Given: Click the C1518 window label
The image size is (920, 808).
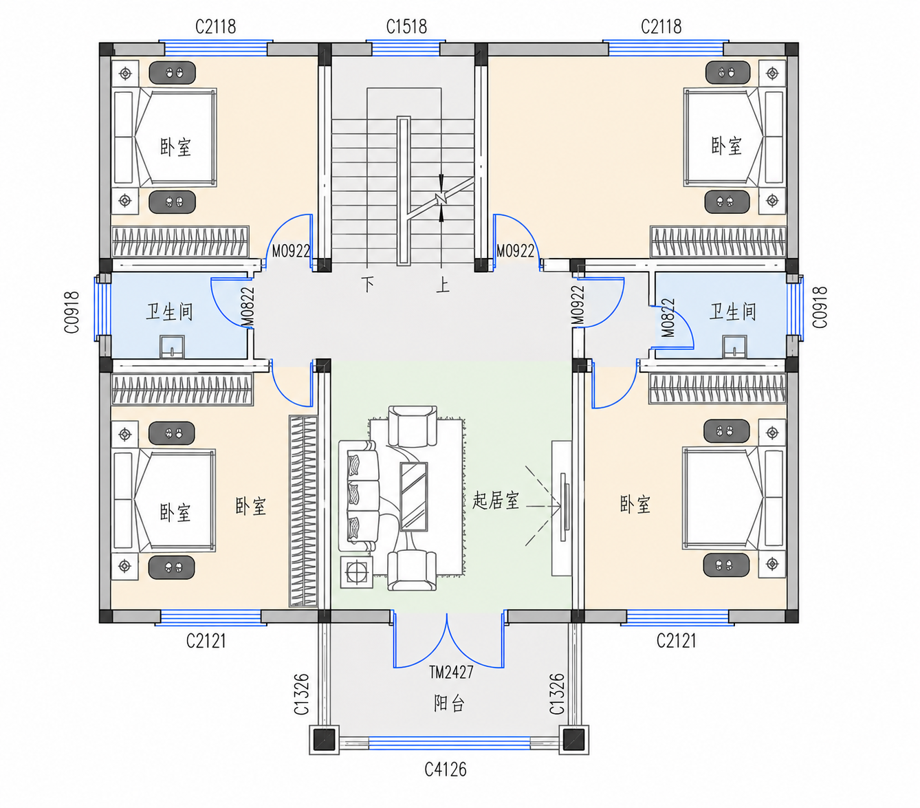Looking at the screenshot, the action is (x=406, y=27).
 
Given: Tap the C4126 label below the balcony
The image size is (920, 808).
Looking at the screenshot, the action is (x=446, y=769).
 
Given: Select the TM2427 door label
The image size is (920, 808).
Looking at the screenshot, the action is (x=451, y=672).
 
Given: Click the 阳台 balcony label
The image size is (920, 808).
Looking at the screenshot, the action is (x=449, y=703).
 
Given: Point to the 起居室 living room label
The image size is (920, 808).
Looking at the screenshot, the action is (x=496, y=500).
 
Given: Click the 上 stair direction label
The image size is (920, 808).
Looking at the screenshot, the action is (x=443, y=285).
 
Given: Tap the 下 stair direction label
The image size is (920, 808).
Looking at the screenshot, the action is (x=368, y=284).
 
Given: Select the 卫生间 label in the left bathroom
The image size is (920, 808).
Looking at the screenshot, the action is (x=169, y=312).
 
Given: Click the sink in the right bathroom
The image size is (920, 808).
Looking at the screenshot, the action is (x=734, y=347).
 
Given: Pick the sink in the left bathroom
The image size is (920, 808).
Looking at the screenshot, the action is (x=172, y=347).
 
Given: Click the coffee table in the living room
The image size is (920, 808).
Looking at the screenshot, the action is (x=413, y=496).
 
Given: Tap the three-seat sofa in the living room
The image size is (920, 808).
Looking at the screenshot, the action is (x=359, y=496).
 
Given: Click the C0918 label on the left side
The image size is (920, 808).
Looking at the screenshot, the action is (x=72, y=312).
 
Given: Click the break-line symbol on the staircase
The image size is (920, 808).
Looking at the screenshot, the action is (x=441, y=198).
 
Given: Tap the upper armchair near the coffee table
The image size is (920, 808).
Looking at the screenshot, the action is (x=413, y=426).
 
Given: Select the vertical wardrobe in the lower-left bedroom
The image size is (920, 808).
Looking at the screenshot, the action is (x=303, y=511).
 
